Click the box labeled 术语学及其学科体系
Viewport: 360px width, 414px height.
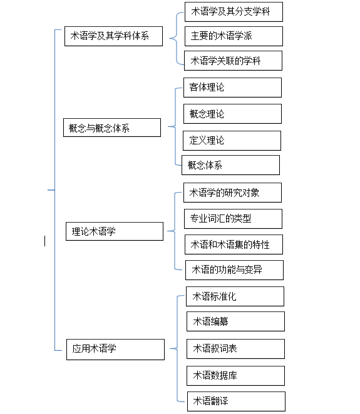pos(114,36)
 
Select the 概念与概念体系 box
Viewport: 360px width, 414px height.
pos(112,128)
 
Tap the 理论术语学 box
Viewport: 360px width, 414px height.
pos(115,231)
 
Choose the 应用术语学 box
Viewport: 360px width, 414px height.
pos(115,350)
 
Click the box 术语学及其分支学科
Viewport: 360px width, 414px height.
pos(234,12)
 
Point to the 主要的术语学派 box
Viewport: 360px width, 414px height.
pos(234,36)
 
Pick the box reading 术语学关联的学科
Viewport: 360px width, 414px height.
pos(233,61)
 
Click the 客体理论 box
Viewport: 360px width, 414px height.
pos(233,88)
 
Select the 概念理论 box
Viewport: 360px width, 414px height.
pos(233,114)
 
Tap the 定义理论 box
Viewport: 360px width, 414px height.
pos(232,141)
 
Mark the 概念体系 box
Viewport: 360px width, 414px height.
pos(231,165)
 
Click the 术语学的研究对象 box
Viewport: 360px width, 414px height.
pos(233,193)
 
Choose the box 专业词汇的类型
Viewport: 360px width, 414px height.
pos(233,219)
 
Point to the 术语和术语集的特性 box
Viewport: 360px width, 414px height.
pos(234,245)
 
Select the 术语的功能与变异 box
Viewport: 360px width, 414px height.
pos(234,270)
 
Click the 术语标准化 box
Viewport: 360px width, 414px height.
pos(235,296)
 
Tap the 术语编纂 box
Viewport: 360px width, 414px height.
pos(236,321)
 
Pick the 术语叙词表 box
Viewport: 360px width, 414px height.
pos(236,349)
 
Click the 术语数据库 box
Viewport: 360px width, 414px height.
pos(236,376)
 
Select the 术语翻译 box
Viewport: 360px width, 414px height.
pos(236,401)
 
